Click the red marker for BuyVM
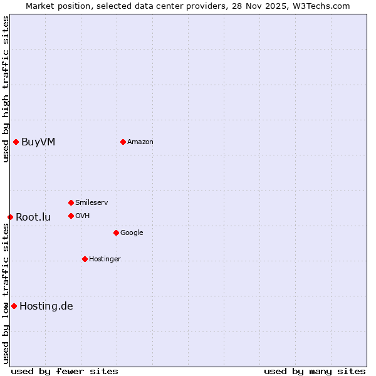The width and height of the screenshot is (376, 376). click(16, 142)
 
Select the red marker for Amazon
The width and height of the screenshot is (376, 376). click(123, 142)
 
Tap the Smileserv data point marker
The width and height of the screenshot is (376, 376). click(71, 202)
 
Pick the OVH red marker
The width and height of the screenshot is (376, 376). click(71, 216)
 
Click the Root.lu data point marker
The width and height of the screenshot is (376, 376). click(10, 217)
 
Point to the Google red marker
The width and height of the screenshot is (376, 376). click(116, 232)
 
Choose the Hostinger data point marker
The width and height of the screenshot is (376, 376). click(85, 259)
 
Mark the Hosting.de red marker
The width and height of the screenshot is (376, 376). click(14, 306)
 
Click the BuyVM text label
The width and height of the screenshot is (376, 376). click(38, 142)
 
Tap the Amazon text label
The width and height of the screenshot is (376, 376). click(140, 142)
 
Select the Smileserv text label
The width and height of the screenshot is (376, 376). click(91, 202)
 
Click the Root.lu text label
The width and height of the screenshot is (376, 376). click(33, 217)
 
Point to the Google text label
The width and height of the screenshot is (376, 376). click(132, 232)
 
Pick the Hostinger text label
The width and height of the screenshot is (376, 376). click(105, 259)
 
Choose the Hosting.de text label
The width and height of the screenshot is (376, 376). click(46, 306)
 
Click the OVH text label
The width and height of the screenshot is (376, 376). click(83, 216)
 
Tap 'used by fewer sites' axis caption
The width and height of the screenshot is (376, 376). click(65, 371)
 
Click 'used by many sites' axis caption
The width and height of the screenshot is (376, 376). click(315, 371)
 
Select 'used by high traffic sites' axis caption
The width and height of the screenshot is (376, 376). click(6, 89)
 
